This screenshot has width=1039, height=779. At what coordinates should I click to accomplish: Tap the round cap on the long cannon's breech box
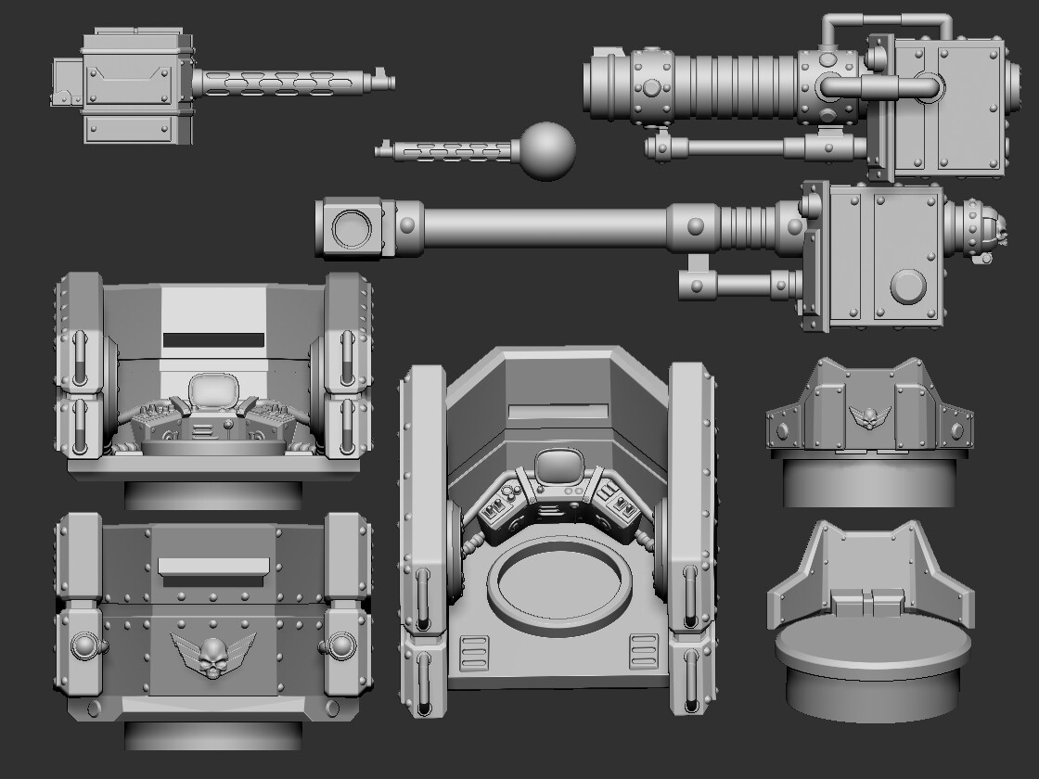click(908, 288)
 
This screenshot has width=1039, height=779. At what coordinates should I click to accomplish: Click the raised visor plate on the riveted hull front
click(213, 566)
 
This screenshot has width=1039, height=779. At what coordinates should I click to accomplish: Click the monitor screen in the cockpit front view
click(214, 393)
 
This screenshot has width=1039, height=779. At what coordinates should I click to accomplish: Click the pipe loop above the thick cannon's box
click(886, 22)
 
